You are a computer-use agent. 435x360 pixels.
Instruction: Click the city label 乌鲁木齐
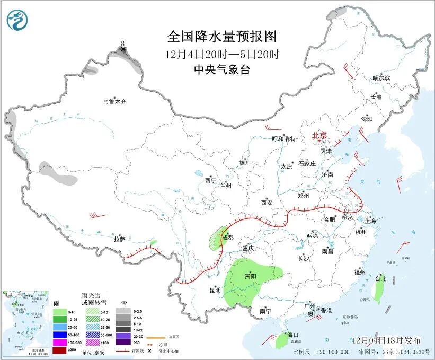tap(115, 102)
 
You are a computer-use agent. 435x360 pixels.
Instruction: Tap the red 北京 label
tap(319, 136)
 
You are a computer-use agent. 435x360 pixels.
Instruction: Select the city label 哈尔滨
tap(380, 78)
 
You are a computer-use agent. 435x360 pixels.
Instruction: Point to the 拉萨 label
tap(119, 239)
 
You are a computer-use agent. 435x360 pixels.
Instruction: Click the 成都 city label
tap(227, 238)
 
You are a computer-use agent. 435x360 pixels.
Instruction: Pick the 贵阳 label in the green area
tap(250, 277)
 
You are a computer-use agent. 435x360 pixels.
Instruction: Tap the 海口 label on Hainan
tap(293, 335)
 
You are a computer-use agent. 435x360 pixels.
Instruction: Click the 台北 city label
tap(380, 278)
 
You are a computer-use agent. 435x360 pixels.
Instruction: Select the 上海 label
tap(370, 221)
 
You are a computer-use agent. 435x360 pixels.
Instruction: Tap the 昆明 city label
tap(215, 290)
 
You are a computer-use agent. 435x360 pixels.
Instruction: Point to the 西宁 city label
tap(210, 180)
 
